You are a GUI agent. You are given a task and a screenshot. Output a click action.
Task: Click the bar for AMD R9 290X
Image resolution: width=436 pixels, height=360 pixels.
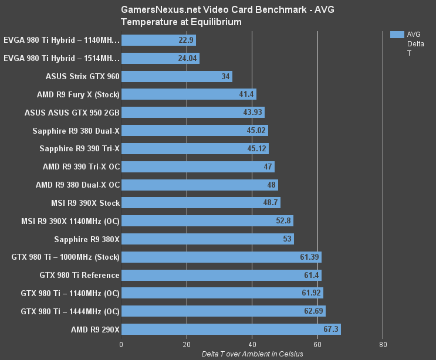click(231, 329)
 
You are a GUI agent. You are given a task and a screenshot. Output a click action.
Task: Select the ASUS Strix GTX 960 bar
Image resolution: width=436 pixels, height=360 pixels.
click(177, 76)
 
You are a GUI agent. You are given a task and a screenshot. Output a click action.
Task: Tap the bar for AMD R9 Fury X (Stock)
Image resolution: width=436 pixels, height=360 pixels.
click(188, 94)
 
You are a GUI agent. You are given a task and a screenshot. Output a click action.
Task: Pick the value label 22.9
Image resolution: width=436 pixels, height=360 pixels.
click(186, 40)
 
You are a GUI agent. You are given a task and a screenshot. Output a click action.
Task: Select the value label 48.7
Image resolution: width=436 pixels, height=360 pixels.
click(270, 203)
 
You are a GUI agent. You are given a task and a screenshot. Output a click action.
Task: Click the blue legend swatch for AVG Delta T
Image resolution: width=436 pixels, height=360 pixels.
click(397, 35)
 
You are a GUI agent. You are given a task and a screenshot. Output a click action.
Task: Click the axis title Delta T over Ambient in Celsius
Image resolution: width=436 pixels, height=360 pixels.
click(252, 354)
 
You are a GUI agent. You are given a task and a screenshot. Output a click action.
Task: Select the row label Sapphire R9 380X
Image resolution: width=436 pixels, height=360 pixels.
click(87, 239)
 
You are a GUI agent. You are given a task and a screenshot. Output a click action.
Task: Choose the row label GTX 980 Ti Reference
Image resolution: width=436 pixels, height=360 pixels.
click(80, 275)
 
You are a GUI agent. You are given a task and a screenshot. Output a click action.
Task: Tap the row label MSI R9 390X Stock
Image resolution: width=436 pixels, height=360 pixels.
click(86, 203)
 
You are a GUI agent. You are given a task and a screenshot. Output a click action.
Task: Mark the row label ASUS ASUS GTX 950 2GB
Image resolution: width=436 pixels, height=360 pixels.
click(72, 113)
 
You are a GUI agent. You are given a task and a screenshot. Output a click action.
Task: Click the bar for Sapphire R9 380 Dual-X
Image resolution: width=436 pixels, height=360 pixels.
click(194, 131)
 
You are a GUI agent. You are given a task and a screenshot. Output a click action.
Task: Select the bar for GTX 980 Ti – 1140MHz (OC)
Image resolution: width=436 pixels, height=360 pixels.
click(222, 293)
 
